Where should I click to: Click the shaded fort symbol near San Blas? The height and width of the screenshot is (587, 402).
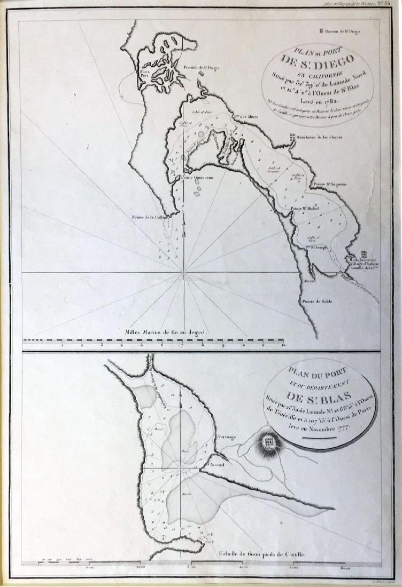269,441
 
